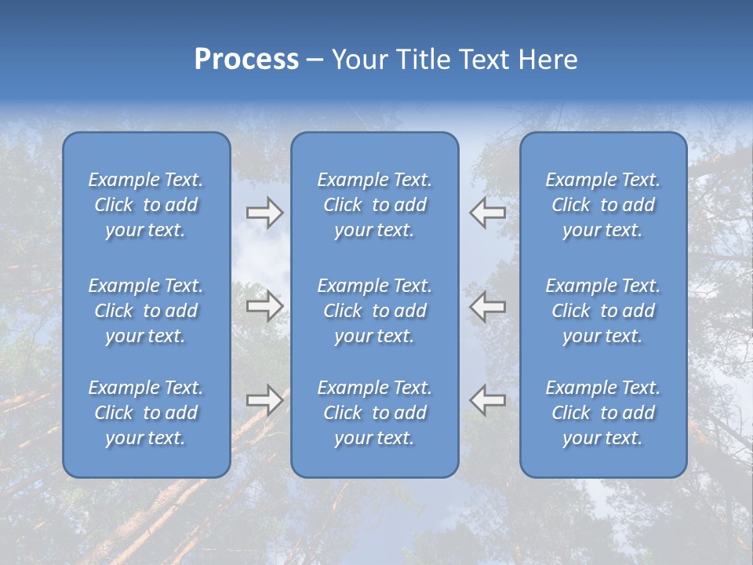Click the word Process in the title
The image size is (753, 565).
(x=246, y=60)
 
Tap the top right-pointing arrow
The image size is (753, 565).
(x=264, y=213)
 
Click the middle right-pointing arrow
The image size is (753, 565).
(x=264, y=306)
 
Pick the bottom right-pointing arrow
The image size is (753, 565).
(x=264, y=400)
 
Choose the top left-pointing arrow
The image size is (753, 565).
(x=488, y=213)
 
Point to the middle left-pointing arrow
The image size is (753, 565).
(x=488, y=306)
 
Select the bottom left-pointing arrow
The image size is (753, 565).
(x=488, y=400)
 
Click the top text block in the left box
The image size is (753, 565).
(x=146, y=205)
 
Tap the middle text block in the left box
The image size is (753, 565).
(x=146, y=311)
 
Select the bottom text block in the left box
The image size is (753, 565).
(x=146, y=413)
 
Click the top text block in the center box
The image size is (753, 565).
(x=374, y=205)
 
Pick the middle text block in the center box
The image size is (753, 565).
(x=374, y=311)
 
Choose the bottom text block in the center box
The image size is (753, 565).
(x=374, y=413)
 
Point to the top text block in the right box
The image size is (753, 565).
(x=602, y=205)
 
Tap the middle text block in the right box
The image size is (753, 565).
(x=602, y=311)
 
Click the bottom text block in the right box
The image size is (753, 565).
(x=602, y=413)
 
